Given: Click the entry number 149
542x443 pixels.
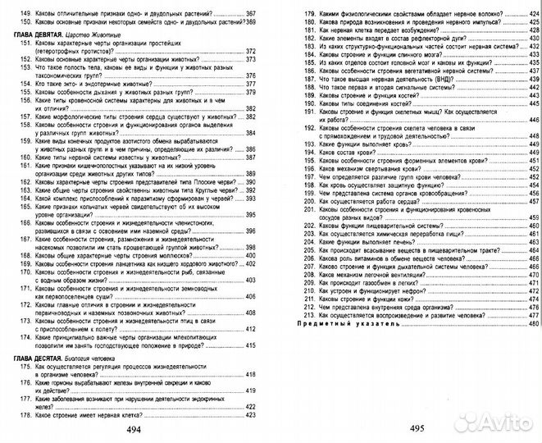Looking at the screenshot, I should pyautogui.click(x=23, y=15).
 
